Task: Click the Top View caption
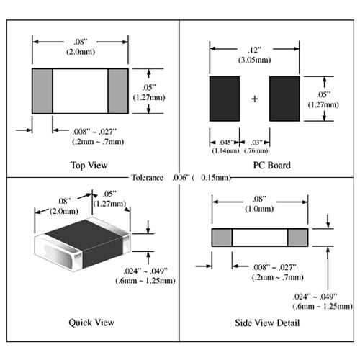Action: click(x=89, y=166)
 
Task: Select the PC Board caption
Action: click(x=272, y=166)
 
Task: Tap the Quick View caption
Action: click(x=91, y=323)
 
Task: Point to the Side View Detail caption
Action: click(x=267, y=323)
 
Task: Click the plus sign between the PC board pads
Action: click(x=255, y=99)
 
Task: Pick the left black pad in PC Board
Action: click(x=225, y=99)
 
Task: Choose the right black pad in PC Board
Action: click(x=284, y=99)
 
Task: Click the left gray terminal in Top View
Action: click(x=42, y=91)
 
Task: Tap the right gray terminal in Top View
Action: click(x=118, y=91)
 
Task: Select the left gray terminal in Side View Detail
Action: click(x=222, y=238)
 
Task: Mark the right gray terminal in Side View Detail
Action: click(x=297, y=238)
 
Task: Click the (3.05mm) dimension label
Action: click(x=255, y=60)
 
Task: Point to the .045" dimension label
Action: click(x=226, y=143)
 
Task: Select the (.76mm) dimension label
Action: click(x=256, y=150)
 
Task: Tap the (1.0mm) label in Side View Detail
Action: click(x=259, y=209)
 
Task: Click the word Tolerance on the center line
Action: click(x=148, y=178)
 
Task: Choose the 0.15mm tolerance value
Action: click(x=215, y=178)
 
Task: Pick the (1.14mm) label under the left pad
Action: click(x=226, y=150)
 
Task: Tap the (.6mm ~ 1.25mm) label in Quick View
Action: click(x=145, y=281)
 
